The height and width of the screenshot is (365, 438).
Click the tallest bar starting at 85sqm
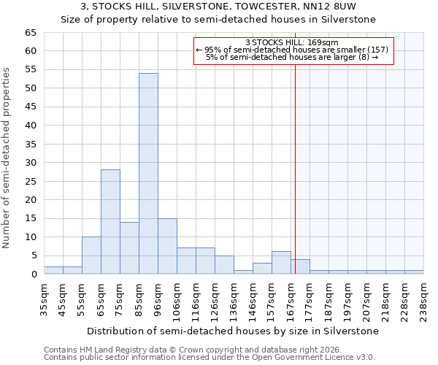click(x=148, y=174)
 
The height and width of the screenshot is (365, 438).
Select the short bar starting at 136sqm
click(x=243, y=272)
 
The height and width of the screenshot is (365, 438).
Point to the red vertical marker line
click(x=295, y=161)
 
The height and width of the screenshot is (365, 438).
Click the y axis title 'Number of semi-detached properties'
click(x=7, y=158)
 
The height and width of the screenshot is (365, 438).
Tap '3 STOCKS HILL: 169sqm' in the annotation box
click(x=292, y=42)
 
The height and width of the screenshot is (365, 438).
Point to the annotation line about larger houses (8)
click(x=292, y=57)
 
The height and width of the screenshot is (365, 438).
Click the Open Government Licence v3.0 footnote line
click(x=210, y=357)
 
